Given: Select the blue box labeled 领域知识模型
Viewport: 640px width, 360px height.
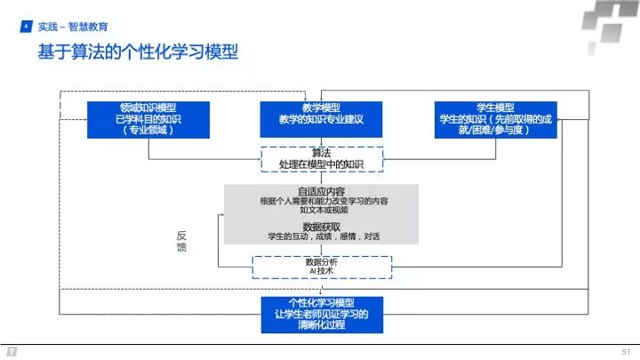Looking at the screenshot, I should (148, 119).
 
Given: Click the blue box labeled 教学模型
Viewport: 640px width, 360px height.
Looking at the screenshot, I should (322, 119).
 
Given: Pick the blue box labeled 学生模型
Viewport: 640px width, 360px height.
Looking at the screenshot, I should (497, 119).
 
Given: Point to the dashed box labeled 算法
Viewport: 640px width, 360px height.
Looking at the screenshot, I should (322, 159).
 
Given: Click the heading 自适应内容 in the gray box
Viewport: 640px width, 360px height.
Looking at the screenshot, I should (322, 190).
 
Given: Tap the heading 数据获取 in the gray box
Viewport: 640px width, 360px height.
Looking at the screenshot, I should (322, 227).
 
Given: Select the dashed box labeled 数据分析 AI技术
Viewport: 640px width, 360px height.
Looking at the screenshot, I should (322, 266).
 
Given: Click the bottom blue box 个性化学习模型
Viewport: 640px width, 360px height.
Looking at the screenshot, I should (322, 314).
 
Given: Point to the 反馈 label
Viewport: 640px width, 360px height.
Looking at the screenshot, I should (181, 242).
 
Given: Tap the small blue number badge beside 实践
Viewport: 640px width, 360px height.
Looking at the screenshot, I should (26, 27).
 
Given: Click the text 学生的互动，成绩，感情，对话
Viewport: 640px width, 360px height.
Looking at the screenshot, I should (322, 237).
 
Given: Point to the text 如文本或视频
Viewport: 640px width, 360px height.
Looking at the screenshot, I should (322, 211).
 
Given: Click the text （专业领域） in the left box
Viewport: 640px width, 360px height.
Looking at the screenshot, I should (148, 130).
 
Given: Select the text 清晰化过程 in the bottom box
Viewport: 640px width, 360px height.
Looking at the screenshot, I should (322, 325).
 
